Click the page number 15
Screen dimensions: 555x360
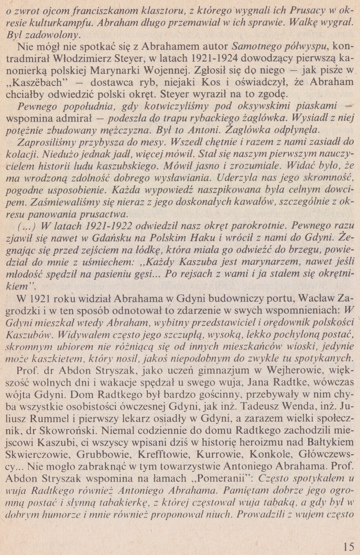tap(348, 537)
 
